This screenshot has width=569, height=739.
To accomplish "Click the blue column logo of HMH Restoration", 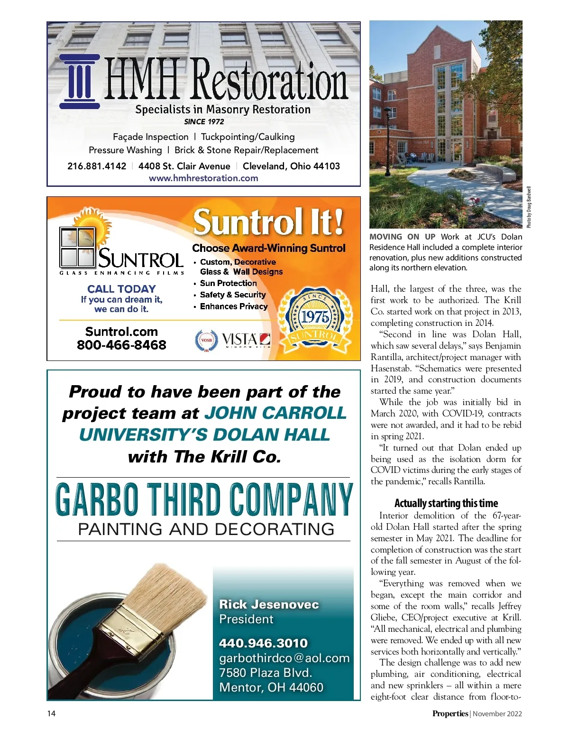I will pyautogui.click(x=79, y=82).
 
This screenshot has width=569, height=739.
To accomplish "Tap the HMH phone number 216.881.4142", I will pyautogui.click(x=97, y=166).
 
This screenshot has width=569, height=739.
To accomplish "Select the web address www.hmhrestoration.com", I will pyautogui.click(x=203, y=178).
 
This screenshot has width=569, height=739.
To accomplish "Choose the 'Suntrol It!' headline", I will pyautogui.click(x=268, y=222).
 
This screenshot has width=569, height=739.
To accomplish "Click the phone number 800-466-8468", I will pyautogui.click(x=121, y=345).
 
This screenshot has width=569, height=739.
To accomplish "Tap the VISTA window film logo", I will pyautogui.click(x=246, y=340).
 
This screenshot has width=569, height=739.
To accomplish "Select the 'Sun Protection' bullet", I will pyautogui.click(x=228, y=283).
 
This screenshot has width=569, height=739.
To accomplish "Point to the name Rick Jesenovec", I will pyautogui.click(x=269, y=604).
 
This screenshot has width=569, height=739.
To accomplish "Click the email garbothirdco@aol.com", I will pyautogui.click(x=284, y=658).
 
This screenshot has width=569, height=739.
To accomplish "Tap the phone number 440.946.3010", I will pyautogui.click(x=263, y=643).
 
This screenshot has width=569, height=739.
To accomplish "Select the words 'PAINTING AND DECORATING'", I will pyautogui.click(x=206, y=529).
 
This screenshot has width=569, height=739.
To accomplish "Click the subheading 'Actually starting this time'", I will pyautogui.click(x=446, y=503).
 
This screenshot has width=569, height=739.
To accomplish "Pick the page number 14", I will pyautogui.click(x=51, y=713).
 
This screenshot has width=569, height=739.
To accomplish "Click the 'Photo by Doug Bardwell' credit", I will pyautogui.click(x=529, y=207).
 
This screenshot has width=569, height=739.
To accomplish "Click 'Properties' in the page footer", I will pyautogui.click(x=450, y=713).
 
